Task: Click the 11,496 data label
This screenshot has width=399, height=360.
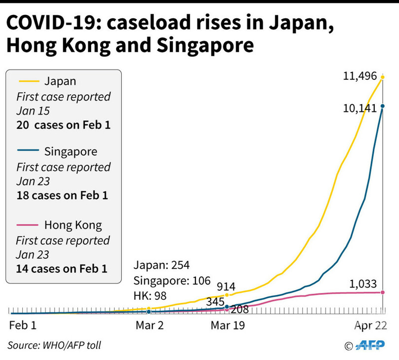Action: [360, 76]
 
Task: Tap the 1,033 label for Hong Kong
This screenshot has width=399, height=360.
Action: [363, 284]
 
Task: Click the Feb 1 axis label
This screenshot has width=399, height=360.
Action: [23, 325]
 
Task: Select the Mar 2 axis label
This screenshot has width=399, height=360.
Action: [149, 325]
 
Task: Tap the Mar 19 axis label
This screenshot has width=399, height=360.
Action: [227, 325]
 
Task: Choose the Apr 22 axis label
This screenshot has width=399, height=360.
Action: [370, 325]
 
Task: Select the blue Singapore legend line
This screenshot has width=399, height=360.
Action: [29, 151]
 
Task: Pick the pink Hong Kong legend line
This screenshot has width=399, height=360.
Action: [29, 225]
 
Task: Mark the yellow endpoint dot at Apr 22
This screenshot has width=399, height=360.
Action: [382, 77]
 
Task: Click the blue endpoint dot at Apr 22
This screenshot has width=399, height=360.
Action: [382, 106]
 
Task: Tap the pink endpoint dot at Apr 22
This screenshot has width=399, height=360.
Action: [382, 292]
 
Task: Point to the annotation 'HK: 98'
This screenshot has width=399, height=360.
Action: [150, 296]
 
